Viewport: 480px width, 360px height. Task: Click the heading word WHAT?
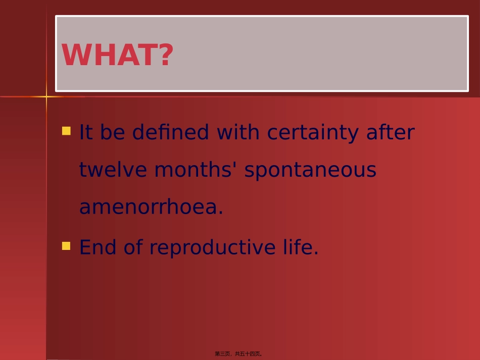117,55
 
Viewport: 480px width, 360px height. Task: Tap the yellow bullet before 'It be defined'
66,131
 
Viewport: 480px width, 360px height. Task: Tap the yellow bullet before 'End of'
66,246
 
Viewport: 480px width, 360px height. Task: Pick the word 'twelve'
113,170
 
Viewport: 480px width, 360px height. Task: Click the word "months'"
196,170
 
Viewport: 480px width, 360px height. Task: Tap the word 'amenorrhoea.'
151,208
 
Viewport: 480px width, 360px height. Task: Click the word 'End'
98,247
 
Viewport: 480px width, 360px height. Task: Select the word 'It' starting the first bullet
86,133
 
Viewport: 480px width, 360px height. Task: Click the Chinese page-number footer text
238,354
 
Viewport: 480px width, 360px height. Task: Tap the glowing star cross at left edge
46,96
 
